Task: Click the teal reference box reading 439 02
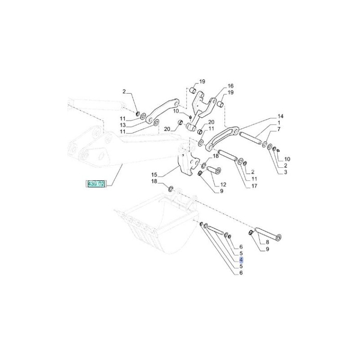[x=95, y=184]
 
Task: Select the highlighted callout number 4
[x=241, y=260]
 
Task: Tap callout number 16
[x=230, y=86]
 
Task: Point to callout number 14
[x=280, y=117]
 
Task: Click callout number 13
[x=123, y=125]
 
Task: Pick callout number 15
[x=154, y=175]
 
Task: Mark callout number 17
[x=254, y=186]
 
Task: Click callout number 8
[x=267, y=242]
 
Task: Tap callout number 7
[x=279, y=129]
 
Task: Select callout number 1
[x=279, y=123]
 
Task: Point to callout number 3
[x=285, y=172]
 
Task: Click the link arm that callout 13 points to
[x=162, y=110]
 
